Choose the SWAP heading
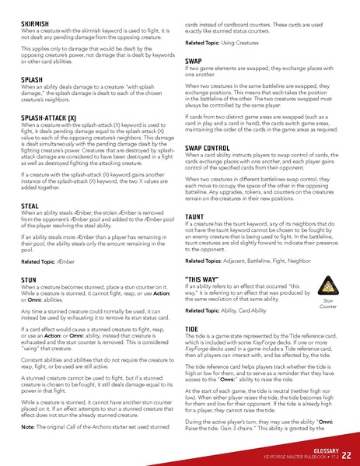(x=194, y=61)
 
